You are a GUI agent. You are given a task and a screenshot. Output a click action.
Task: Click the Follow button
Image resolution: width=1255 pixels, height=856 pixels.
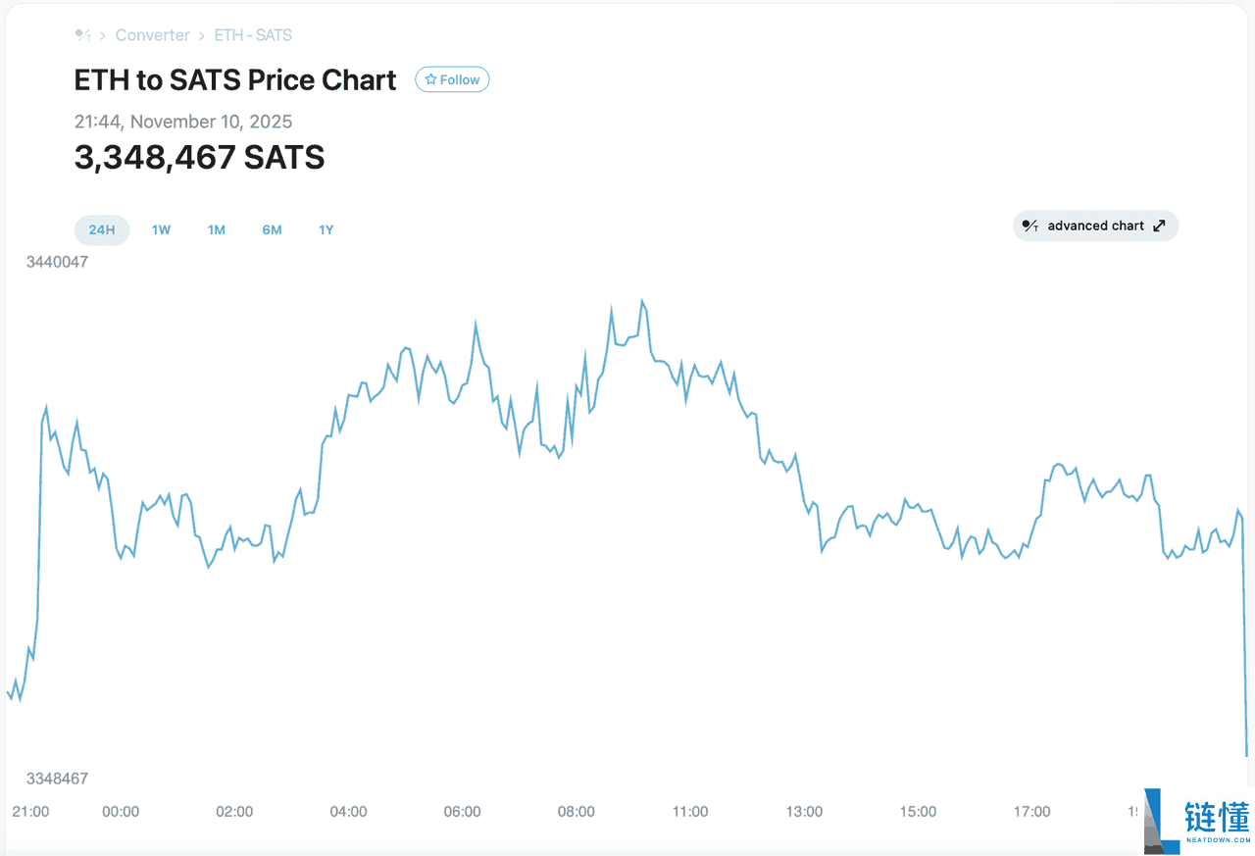tap(452, 79)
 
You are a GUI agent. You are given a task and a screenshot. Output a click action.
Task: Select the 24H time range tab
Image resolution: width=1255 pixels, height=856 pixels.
tap(102, 230)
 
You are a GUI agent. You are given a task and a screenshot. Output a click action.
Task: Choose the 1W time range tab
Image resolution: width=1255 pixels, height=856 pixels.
tap(161, 230)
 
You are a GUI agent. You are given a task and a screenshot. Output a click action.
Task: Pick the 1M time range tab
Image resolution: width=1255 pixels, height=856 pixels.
tap(216, 230)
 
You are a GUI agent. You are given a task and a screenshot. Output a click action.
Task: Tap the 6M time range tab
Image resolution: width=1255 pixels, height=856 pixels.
tap(272, 230)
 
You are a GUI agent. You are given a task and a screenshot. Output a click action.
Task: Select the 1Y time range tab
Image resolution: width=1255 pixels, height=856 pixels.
tap(326, 230)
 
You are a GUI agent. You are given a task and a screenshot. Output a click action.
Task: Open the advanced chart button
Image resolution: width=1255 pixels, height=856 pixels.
tap(1095, 226)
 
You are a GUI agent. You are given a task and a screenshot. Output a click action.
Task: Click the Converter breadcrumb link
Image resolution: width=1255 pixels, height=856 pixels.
tap(152, 35)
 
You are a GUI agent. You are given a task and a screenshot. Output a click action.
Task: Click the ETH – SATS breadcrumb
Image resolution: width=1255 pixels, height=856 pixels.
tap(253, 35)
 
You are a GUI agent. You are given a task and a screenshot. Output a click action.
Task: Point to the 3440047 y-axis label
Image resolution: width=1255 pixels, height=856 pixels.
tap(57, 262)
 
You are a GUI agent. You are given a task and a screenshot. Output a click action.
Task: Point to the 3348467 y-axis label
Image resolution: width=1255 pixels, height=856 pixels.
tap(57, 779)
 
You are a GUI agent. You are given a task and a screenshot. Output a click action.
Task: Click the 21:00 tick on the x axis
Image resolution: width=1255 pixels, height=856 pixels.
tap(30, 812)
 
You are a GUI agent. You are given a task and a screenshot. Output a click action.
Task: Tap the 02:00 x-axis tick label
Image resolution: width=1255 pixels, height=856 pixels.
tap(234, 812)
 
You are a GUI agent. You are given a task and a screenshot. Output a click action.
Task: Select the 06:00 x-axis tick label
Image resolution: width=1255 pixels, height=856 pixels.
tap(462, 812)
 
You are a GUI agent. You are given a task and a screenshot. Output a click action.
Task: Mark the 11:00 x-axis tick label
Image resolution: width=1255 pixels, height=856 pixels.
tap(690, 812)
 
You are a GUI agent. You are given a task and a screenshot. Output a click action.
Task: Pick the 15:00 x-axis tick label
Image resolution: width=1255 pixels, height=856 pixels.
tap(918, 812)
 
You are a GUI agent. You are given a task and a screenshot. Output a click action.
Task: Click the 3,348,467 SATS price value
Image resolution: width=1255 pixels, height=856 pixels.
tap(199, 157)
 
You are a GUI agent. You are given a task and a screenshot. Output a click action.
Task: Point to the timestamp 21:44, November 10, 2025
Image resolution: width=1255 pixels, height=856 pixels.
tap(183, 122)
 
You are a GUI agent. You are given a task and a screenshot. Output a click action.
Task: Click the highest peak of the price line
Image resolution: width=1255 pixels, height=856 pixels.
tap(642, 301)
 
